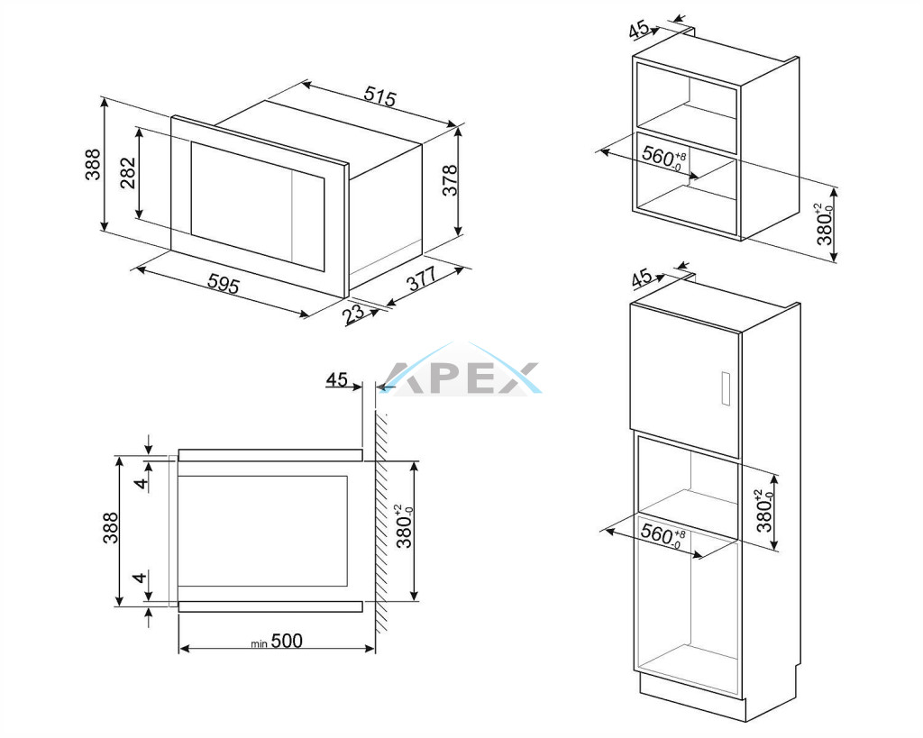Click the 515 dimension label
click(x=380, y=96)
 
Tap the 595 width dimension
click(x=224, y=284)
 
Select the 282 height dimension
click(x=128, y=173)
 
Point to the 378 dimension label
click(x=450, y=180)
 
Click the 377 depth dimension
click(x=422, y=278)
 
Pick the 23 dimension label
click(x=353, y=313)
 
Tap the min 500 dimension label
click(x=277, y=641)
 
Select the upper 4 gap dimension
click(x=140, y=483)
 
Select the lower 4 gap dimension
click(x=140, y=578)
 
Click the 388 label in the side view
click(x=111, y=528)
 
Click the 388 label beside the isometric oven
click(x=93, y=164)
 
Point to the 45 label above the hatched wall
click(x=337, y=379)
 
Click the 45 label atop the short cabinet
click(x=639, y=30)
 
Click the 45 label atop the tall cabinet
click(x=642, y=278)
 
